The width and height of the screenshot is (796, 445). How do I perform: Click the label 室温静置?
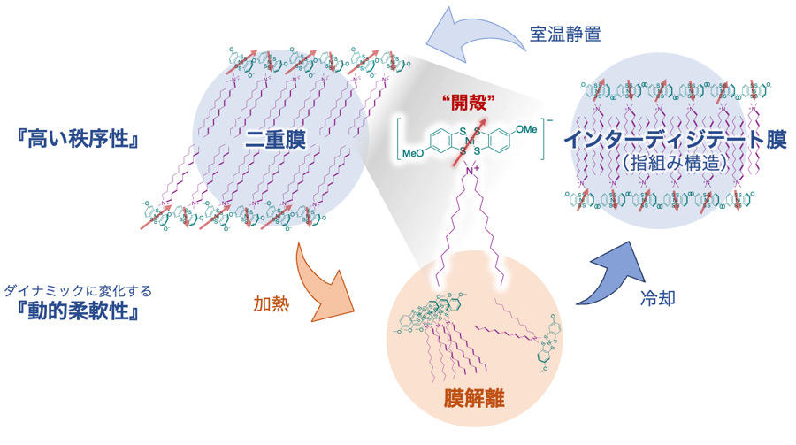565,35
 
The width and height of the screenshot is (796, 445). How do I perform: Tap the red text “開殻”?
464,100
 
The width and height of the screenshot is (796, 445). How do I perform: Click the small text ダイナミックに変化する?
78,289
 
